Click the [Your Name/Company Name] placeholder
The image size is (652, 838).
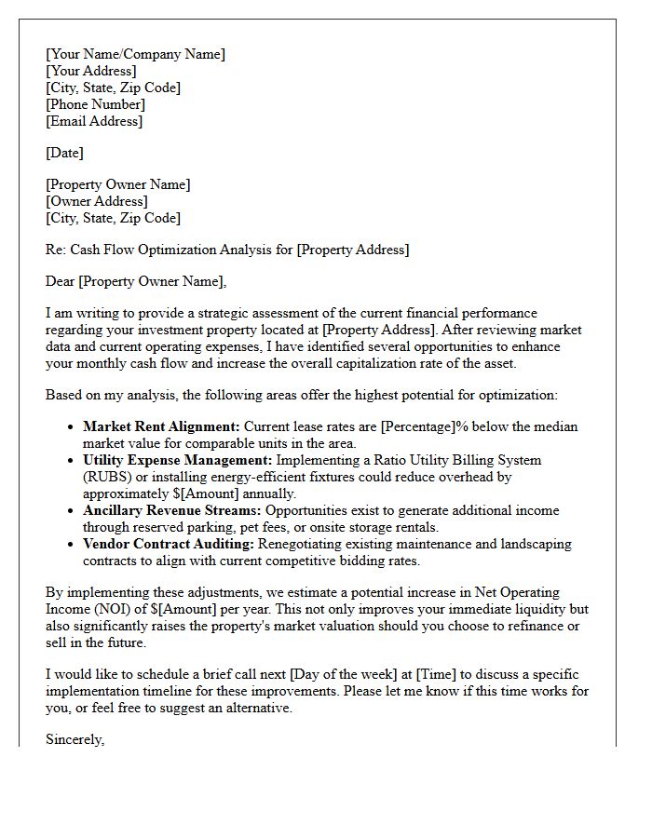(x=135, y=54)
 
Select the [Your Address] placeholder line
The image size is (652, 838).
(x=90, y=71)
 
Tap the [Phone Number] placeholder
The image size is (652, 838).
(x=95, y=104)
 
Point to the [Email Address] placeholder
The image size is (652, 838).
(x=94, y=121)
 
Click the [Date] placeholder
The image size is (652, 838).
(x=64, y=153)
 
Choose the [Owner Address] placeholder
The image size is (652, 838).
(x=96, y=201)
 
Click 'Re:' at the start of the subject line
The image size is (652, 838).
(x=57, y=250)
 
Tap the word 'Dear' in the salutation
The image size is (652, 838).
(x=61, y=281)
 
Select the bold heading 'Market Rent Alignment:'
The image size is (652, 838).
(x=161, y=426)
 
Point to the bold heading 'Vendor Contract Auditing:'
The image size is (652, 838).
(x=168, y=544)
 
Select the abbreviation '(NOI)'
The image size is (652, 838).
(x=128, y=609)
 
